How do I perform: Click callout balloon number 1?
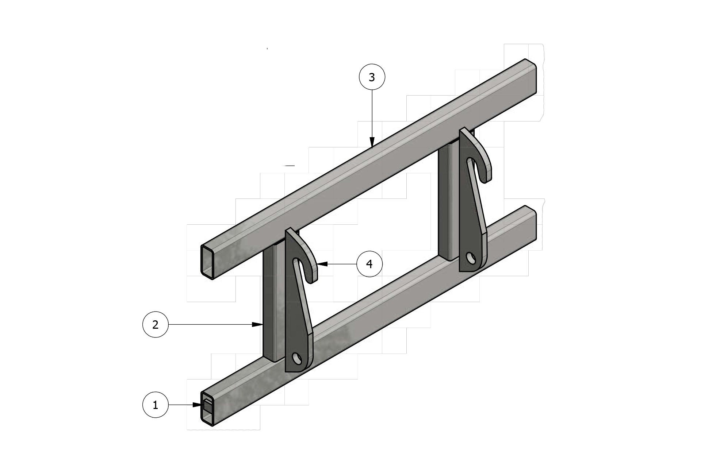coord(155,405)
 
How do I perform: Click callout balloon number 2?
coord(155,324)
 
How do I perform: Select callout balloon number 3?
coord(372,77)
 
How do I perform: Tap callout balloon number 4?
coord(369,263)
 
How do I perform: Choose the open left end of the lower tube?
coord(207,408)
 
